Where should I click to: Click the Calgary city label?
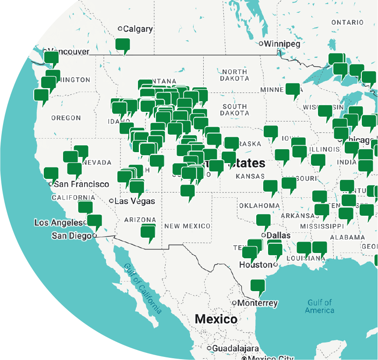tap(138, 29)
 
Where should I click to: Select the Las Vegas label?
tap(134, 201)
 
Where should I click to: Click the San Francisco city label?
tap(81, 184)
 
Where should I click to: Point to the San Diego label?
tap(71, 236)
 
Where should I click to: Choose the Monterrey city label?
tap(258, 303)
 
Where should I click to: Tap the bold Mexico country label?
tap(216, 319)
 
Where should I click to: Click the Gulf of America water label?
tap(320, 306)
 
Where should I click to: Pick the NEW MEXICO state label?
tap(187, 226)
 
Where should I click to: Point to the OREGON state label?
tap(66, 118)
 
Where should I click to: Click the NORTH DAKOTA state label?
tap(235, 75)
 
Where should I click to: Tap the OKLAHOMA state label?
tap(259, 206)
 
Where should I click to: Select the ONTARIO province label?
tap(347, 22)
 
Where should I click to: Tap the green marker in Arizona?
tap(148, 232)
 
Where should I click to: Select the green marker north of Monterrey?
tap(258, 287)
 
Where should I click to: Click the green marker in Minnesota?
tap(293, 90)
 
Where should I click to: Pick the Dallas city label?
tap(278, 235)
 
